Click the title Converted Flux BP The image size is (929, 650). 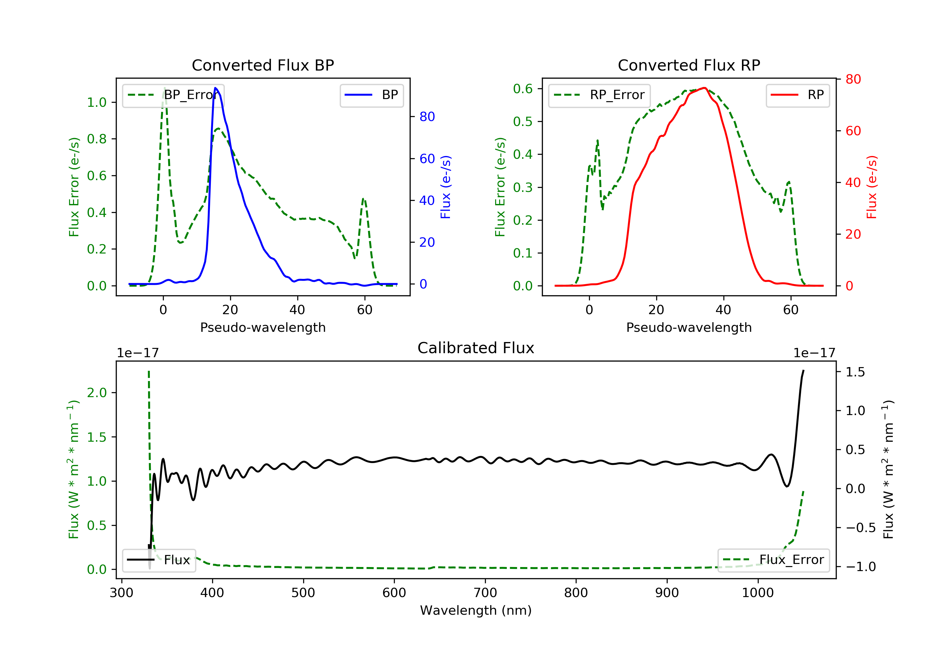click(263, 65)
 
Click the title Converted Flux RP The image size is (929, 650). click(689, 65)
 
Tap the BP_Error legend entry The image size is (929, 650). click(173, 95)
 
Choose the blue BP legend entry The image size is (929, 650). click(371, 95)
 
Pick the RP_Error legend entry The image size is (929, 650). click(599, 95)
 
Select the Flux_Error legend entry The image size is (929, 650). click(773, 560)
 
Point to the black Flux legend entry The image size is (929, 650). click(159, 560)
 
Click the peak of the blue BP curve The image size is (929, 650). click(215, 88)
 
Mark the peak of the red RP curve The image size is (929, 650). click(704, 88)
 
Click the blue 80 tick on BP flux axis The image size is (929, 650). click(427, 116)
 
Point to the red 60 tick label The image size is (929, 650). click(853, 131)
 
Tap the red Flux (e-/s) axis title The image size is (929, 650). click(871, 187)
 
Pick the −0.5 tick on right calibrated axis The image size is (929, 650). click(860, 528)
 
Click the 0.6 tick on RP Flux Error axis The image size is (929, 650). click(523, 89)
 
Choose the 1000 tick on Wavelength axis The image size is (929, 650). click(757, 593)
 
